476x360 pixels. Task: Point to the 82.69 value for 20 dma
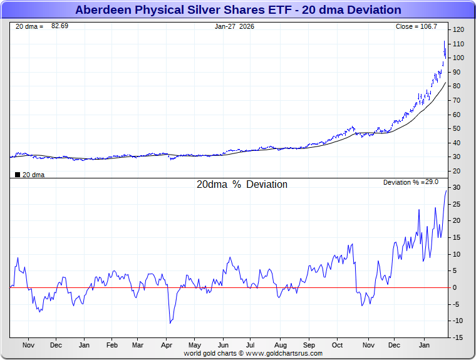coord(60,26)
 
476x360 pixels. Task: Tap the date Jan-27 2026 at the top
coord(234,26)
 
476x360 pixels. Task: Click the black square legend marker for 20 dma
coord(17,175)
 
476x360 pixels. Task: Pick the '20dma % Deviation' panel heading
coord(242,185)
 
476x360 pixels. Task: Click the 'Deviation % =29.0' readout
coord(410,182)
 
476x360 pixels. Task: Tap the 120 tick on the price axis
coord(458,29)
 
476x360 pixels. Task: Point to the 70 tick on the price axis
coord(457,100)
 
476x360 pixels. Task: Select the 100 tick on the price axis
coord(458,58)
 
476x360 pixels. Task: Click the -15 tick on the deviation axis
coord(458,337)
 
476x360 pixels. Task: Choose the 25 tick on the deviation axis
coord(457,204)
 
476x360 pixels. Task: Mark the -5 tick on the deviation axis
coord(457,304)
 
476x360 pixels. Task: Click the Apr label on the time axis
coord(167,345)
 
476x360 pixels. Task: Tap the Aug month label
coord(281,345)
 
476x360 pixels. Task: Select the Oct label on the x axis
coord(338,345)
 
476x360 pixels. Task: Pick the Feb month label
coord(112,345)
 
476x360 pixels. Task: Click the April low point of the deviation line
coord(170,323)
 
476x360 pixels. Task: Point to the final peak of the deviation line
coord(447,190)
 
